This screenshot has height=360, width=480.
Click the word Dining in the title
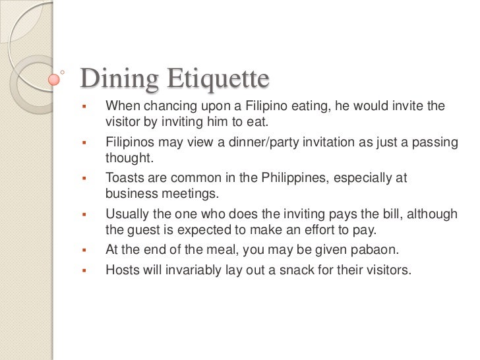click(118, 80)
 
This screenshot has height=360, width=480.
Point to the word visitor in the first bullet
click(123, 123)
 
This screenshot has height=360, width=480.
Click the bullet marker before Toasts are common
click(84, 179)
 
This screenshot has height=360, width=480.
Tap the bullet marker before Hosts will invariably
click(84, 270)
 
